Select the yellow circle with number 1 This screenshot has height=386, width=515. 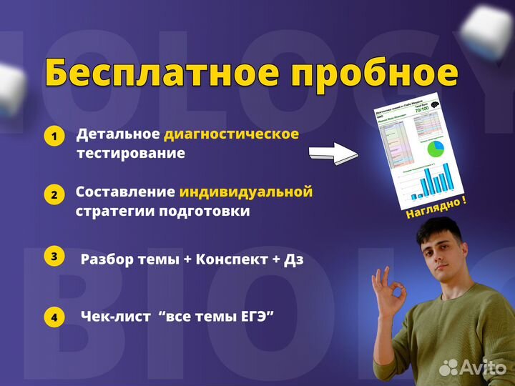coord(54,137)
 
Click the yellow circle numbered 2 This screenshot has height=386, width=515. coord(54,195)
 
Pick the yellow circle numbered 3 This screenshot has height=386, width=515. coord(54,257)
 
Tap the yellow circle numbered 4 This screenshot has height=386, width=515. coord(54,317)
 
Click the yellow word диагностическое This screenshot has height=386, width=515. coord(231,134)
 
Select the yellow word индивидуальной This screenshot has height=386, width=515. coord(246,192)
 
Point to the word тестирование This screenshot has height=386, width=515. coord(130,153)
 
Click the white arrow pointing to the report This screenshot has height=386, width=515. coord(333,152)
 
